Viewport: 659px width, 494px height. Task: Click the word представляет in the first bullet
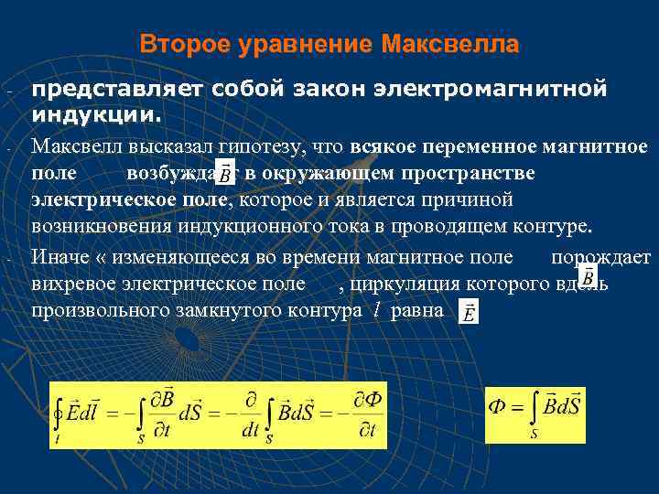(117, 90)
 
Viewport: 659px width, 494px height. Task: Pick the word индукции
(97, 116)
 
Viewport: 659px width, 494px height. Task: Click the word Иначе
(57, 257)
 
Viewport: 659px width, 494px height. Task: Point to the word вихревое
(77, 284)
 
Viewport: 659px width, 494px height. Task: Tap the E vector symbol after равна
(469, 313)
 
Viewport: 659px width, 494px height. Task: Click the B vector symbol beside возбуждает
(222, 172)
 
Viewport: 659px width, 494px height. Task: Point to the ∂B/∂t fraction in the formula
(164, 414)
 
